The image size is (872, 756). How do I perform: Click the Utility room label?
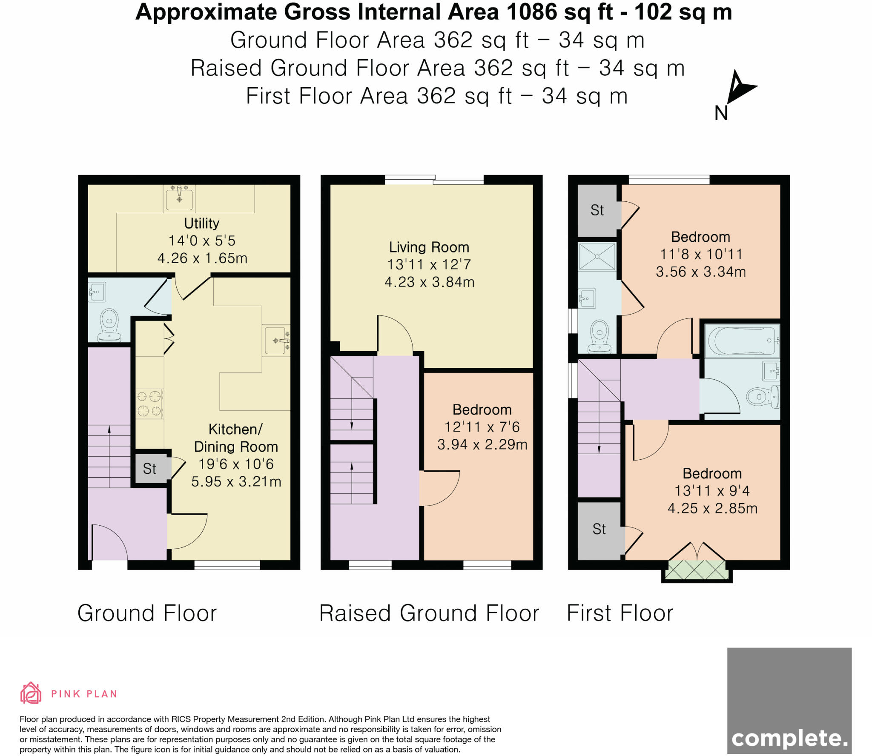click(201, 223)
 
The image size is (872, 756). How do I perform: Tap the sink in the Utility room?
click(179, 198)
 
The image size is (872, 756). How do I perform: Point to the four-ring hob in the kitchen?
click(149, 404)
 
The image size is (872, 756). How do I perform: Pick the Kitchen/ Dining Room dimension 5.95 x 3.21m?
click(236, 481)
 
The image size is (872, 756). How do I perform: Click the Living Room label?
click(429, 247)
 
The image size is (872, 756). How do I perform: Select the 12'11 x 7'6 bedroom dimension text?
click(482, 427)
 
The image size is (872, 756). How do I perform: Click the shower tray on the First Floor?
click(597, 256)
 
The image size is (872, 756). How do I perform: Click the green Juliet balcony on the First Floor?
click(697, 570)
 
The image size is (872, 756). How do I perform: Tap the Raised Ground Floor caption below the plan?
click(429, 613)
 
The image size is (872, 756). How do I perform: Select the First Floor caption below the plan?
click(620, 613)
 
